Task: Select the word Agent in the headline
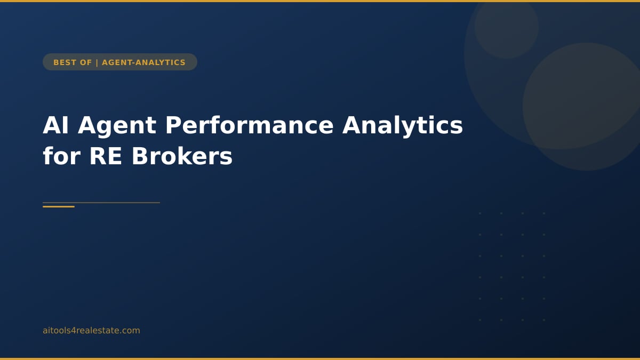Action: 117,126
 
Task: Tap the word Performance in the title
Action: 249,126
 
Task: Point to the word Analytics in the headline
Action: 402,126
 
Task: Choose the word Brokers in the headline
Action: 182,157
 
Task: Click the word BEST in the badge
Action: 65,62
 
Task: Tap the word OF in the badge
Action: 86,62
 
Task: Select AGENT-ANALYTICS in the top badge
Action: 143,62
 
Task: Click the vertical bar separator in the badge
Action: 97,62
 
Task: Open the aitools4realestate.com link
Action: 91,331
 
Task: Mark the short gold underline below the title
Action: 59,206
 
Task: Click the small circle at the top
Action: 506,27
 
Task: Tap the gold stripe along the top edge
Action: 320,1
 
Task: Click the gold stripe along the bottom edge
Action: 320,358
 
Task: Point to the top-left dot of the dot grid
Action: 480,213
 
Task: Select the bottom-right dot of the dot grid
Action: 544,320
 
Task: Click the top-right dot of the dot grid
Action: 544,213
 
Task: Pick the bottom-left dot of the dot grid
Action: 480,320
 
